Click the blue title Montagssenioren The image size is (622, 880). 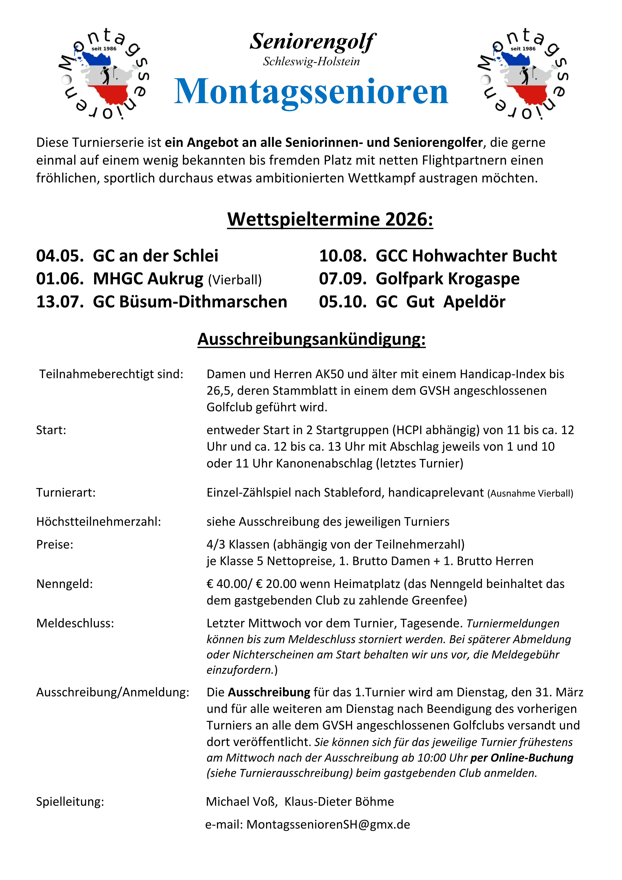tap(311, 92)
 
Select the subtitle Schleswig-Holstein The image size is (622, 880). tap(311, 62)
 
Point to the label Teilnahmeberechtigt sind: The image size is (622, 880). tap(111, 374)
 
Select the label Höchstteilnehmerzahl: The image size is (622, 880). tap(98, 522)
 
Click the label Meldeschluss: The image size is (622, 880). tap(75, 623)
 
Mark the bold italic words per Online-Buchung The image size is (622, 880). tap(522, 758)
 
